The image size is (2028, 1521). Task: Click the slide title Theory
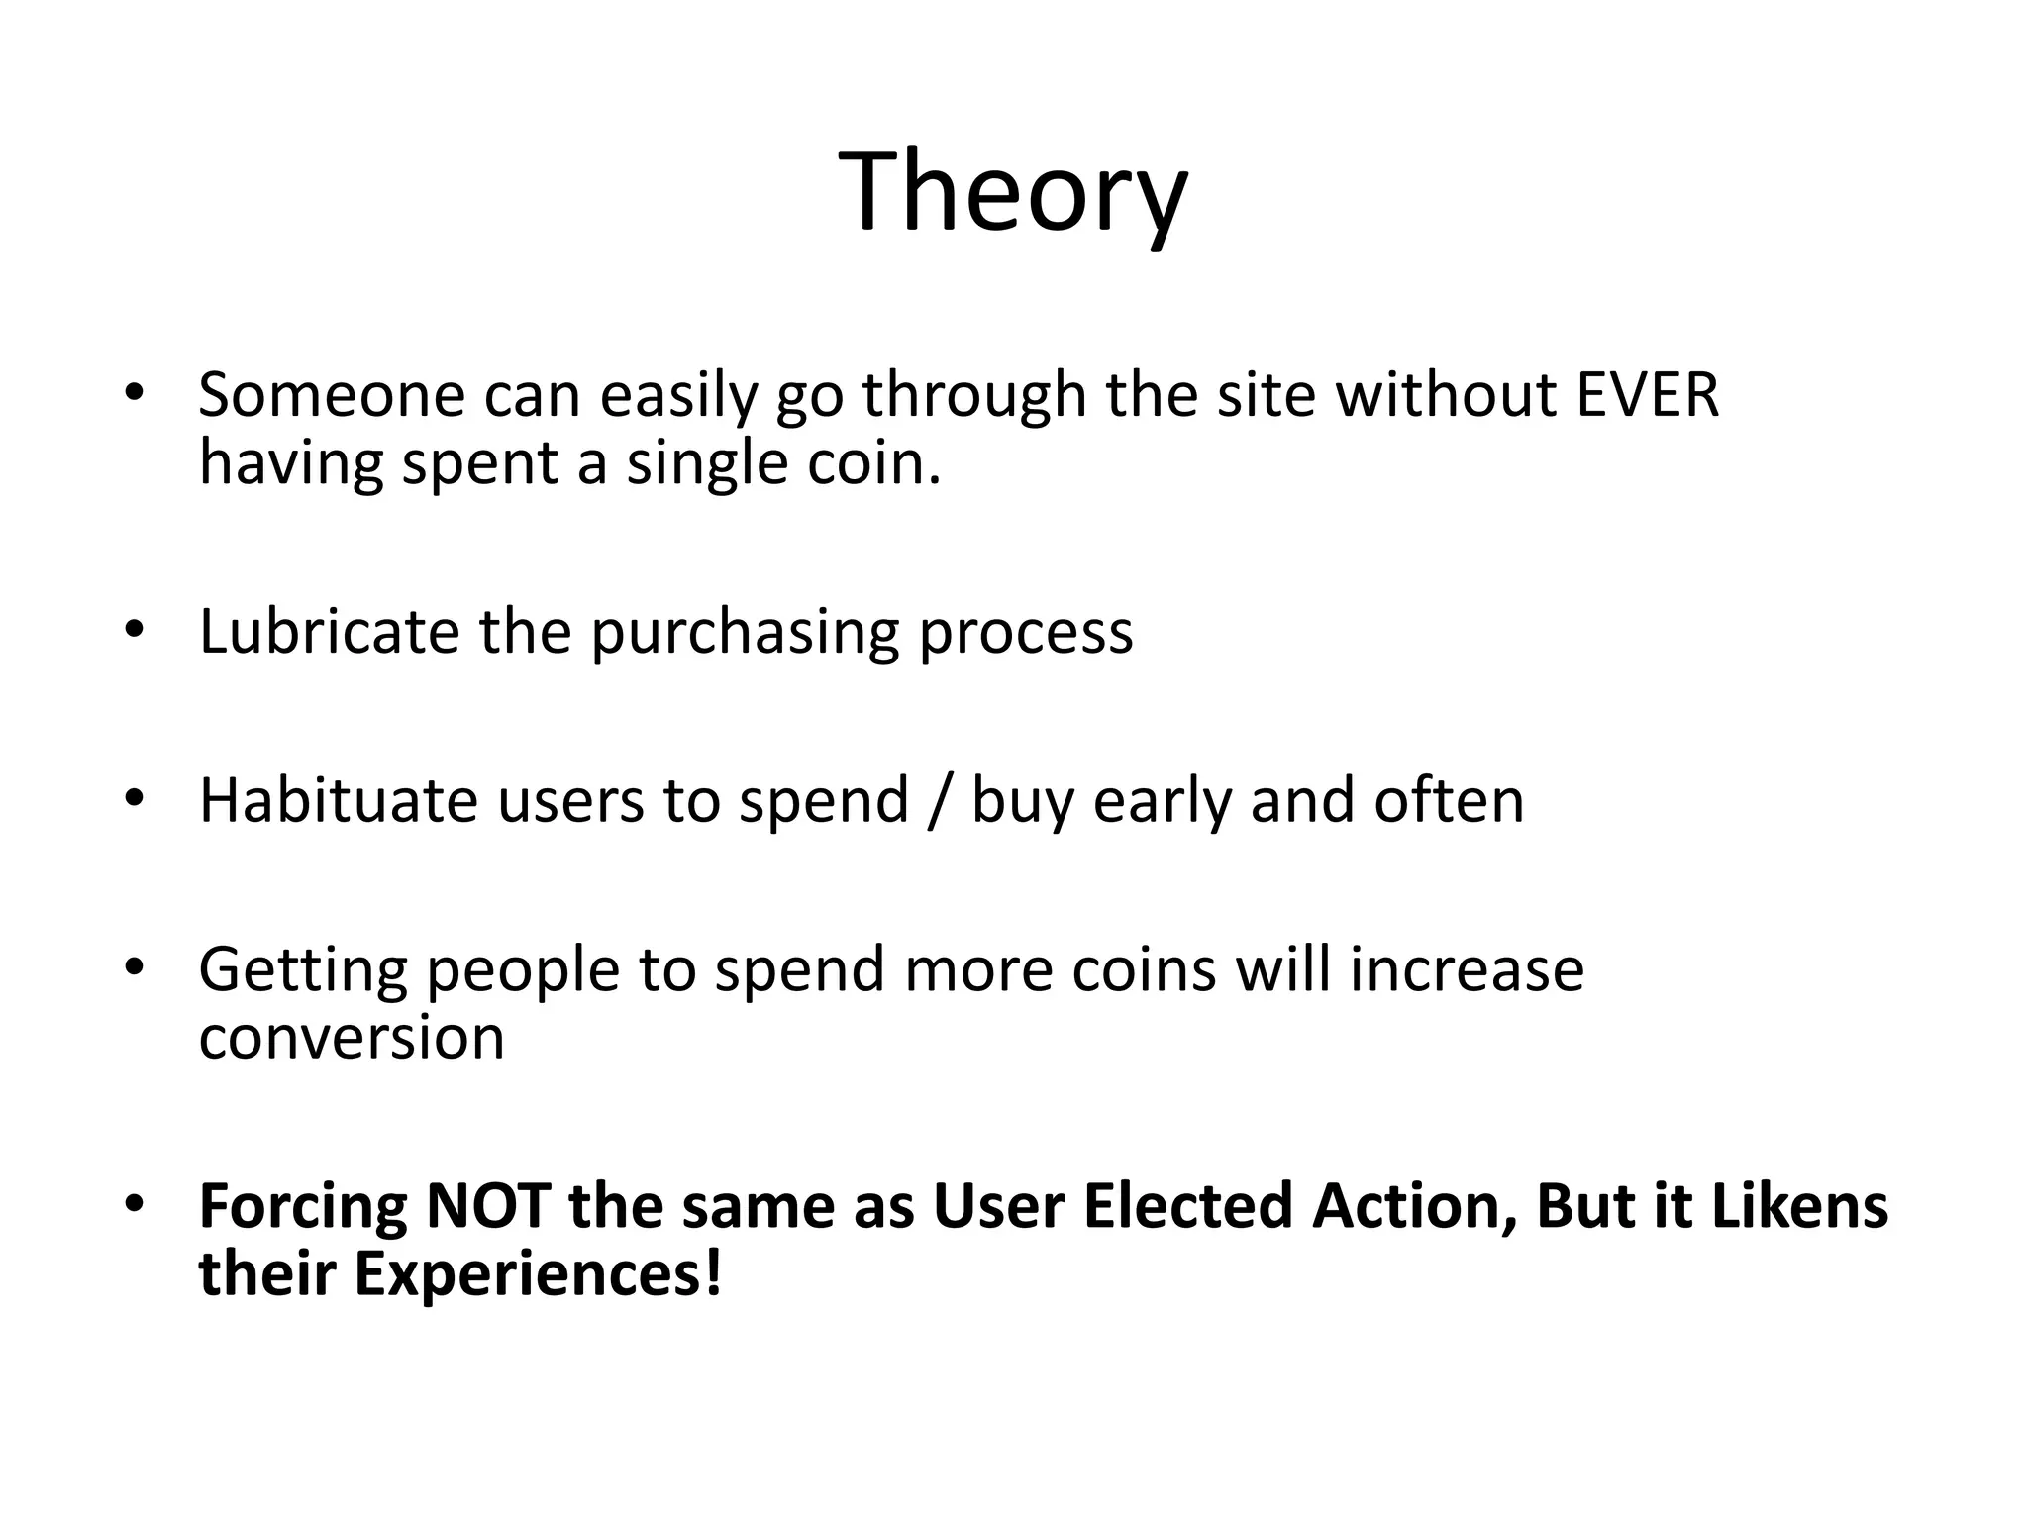1013,191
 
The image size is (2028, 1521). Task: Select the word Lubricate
329,631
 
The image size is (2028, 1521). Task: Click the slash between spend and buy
940,801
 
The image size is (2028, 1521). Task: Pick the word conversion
352,1038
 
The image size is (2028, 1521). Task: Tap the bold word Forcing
302,1208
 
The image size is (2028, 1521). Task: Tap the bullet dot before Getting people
135,967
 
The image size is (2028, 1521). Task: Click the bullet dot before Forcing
135,1205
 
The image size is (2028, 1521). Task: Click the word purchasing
745,633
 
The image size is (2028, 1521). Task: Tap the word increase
1467,968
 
